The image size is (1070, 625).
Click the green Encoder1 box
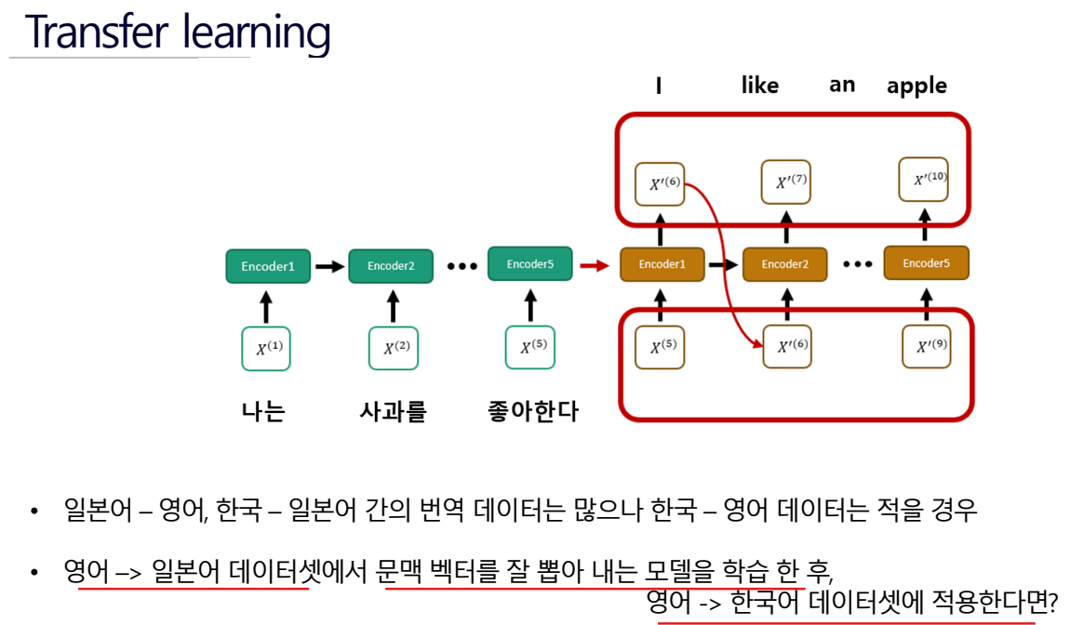[267, 266]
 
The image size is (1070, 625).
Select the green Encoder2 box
[390, 266]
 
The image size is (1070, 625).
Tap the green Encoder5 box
[529, 264]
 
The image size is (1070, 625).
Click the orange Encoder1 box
[661, 264]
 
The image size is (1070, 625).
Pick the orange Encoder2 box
[784, 264]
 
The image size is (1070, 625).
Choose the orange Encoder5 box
[926, 263]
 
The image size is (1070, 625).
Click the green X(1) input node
[267, 349]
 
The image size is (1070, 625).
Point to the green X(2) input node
[395, 349]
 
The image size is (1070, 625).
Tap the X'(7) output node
[786, 182]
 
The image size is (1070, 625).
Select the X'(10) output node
[924, 180]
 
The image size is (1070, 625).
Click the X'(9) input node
[927, 347]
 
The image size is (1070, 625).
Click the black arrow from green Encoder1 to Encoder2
[328, 266]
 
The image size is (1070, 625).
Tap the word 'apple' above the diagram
[916, 86]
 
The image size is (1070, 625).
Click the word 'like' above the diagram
[759, 86]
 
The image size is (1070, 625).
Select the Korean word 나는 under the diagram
[263, 411]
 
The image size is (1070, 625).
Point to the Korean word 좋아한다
[532, 411]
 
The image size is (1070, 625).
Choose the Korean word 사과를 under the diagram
[393, 411]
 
